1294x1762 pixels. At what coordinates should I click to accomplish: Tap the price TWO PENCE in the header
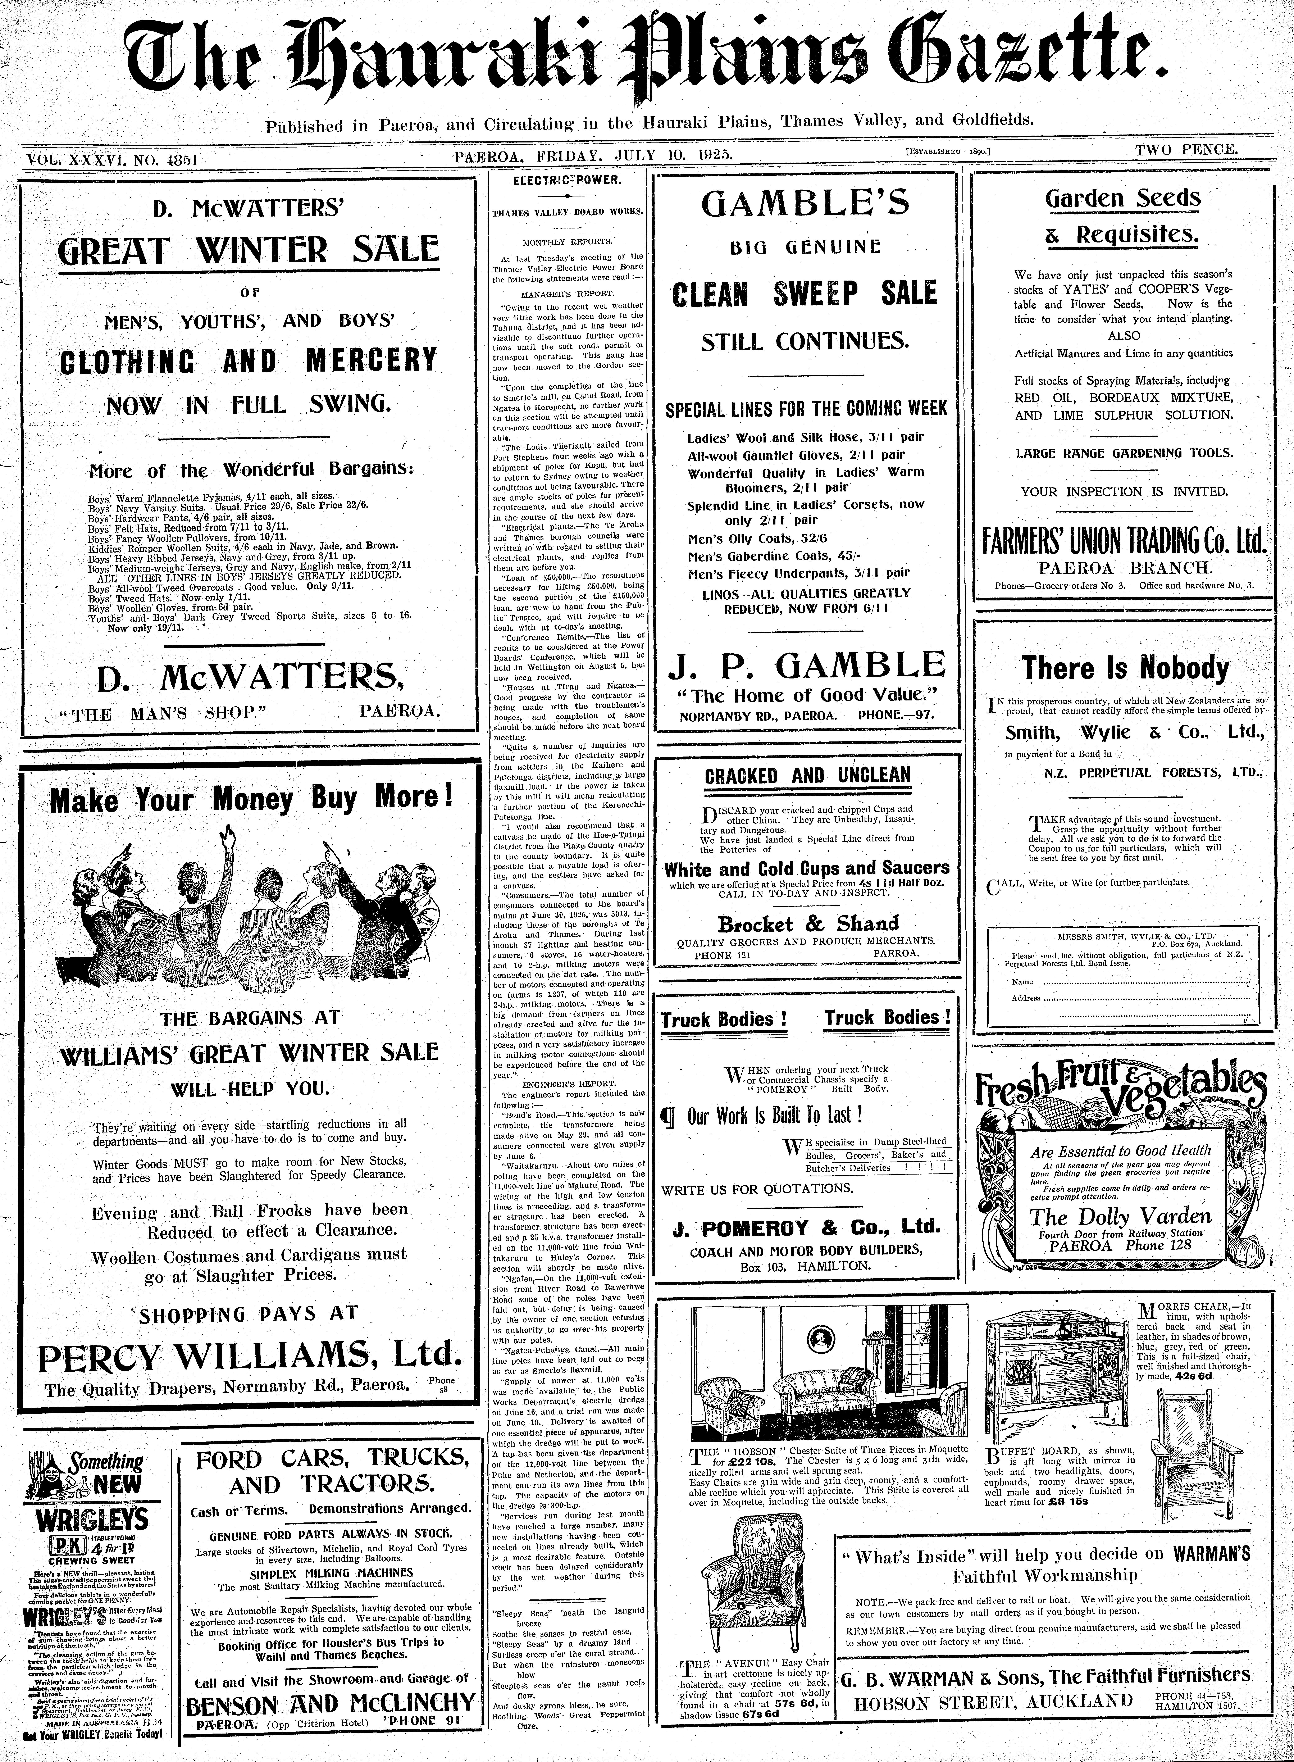1187,149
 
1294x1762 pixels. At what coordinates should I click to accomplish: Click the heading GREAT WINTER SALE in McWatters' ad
249,251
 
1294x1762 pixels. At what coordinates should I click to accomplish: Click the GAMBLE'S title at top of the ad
805,204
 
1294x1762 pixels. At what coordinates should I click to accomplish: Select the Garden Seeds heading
1122,198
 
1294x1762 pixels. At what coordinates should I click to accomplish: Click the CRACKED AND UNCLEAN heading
808,776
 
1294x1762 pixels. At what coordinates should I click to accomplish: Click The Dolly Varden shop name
1120,1217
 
